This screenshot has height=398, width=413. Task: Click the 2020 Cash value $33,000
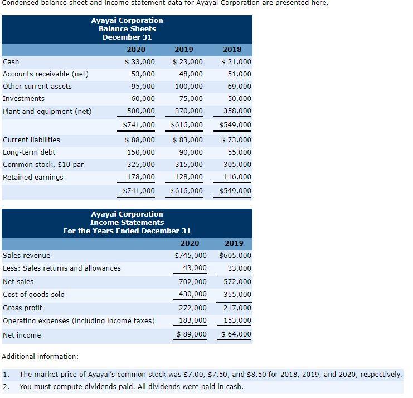pos(139,62)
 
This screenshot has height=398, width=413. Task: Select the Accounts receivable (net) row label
pos(46,74)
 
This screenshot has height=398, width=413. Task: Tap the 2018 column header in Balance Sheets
pos(232,50)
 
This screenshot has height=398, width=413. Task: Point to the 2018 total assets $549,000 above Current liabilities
pos(235,125)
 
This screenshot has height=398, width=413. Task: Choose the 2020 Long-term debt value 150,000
pos(143,152)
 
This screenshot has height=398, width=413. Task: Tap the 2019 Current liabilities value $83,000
pos(188,140)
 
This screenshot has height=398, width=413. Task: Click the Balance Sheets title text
pos(127,28)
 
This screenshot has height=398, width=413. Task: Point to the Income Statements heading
pos(127,223)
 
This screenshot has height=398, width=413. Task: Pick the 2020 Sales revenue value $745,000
pos(191,256)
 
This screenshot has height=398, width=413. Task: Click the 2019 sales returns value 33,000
pos(240,268)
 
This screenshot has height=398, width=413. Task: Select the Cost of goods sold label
pos(34,295)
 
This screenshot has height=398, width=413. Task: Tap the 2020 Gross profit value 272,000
pos(194,308)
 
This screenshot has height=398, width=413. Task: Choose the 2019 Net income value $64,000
pos(236,335)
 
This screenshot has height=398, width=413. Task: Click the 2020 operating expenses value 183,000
pos(194,321)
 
